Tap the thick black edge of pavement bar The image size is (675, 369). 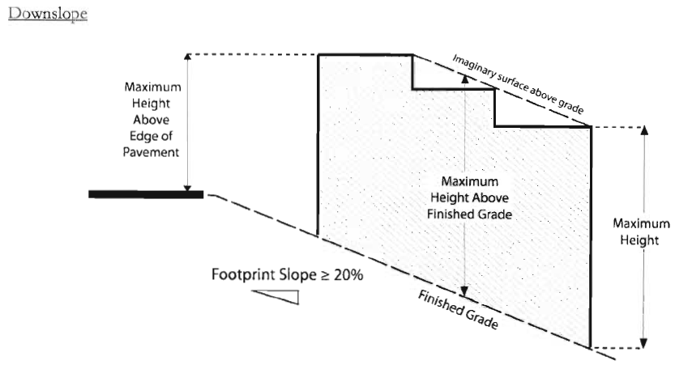(x=146, y=193)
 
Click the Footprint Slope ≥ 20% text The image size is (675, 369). (x=288, y=275)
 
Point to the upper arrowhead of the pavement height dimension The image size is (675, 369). (x=188, y=58)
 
